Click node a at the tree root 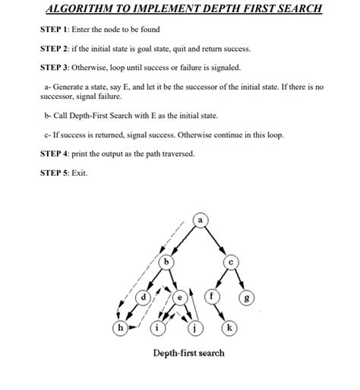point(201,220)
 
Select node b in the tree point(166,262)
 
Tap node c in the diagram point(231,262)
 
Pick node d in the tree point(144,297)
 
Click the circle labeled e point(180,297)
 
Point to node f point(212,296)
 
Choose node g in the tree point(247,297)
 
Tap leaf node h point(121,328)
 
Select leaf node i point(157,328)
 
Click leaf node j point(194,328)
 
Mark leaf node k point(229,328)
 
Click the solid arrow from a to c point(216,240)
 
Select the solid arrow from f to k point(219,312)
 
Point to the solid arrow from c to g point(239,279)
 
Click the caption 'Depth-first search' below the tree point(189,353)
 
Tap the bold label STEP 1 point(53,30)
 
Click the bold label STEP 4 point(54,154)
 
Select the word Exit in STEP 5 point(79,173)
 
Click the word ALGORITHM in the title point(79,8)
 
